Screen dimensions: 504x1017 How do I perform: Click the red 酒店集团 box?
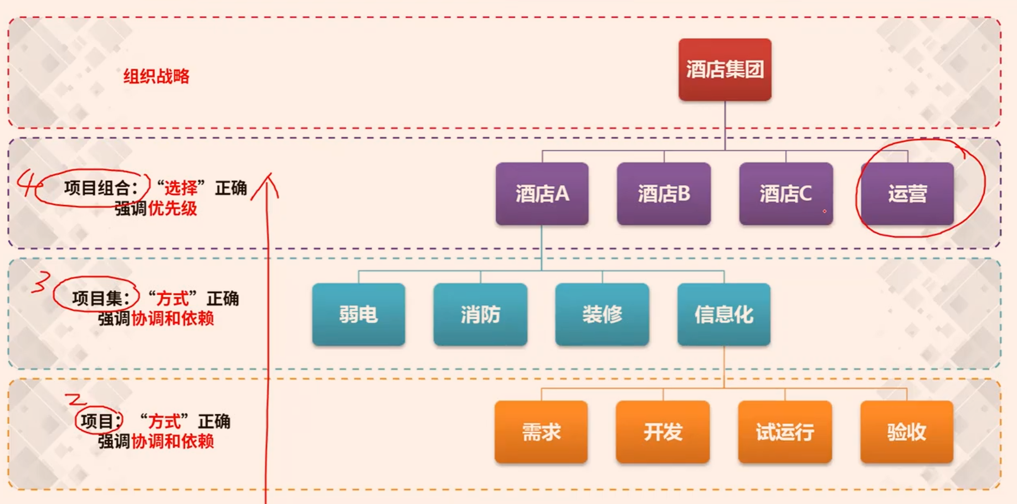[x=725, y=70]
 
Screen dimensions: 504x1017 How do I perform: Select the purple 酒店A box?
[x=542, y=194]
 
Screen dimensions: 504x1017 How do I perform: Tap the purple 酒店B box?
[x=664, y=194]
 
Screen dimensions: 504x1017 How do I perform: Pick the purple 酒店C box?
[x=785, y=194]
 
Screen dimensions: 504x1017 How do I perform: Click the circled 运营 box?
[x=907, y=194]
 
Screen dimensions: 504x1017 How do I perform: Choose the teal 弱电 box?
[x=358, y=315]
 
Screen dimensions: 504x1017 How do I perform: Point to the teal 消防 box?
[x=480, y=315]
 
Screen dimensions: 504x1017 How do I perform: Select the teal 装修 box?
[x=602, y=315]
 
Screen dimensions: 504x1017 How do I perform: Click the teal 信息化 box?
[x=723, y=315]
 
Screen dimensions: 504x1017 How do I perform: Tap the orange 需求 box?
[x=541, y=432]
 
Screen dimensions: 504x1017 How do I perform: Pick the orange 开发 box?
[x=663, y=432]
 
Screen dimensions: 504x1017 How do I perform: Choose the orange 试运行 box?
[x=785, y=432]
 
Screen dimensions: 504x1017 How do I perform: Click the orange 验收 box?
[x=907, y=432]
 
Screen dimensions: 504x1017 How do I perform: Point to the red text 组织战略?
[x=156, y=76]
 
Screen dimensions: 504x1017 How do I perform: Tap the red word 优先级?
[x=172, y=209]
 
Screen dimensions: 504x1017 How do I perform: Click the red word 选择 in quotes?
[x=181, y=188]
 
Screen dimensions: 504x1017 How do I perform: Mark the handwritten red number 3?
[x=40, y=282]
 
